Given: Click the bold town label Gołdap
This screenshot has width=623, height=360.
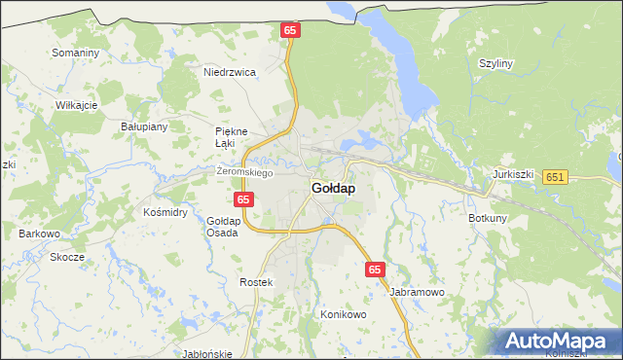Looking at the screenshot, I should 333,188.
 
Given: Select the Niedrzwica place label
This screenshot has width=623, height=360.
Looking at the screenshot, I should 229,72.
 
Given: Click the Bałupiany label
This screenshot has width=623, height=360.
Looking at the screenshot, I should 144,126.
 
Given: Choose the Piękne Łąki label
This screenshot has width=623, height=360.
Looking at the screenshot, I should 232,137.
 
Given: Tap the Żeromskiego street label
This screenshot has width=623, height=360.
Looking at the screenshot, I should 244,172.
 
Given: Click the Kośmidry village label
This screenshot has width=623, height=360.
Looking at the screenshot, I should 165,211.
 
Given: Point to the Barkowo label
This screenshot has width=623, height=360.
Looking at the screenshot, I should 40,234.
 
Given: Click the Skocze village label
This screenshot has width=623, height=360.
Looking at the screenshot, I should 68,258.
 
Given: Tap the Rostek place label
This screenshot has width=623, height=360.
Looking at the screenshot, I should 258,281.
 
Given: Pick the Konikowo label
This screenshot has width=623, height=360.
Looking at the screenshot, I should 343,315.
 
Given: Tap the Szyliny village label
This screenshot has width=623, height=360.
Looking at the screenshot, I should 495,63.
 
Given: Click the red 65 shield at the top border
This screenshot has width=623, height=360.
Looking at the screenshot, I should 290,31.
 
